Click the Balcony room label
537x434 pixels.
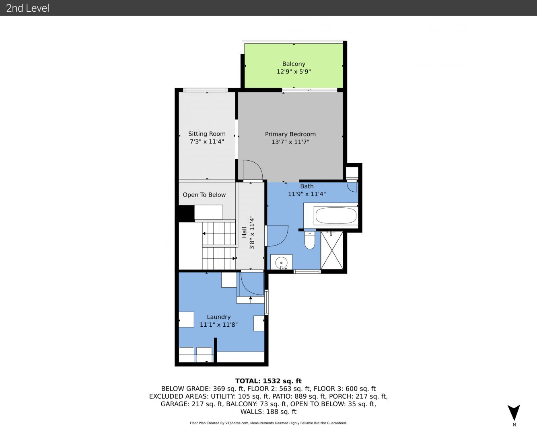[294, 64]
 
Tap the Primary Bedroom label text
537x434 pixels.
[290, 134]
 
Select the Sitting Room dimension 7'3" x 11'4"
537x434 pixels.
[207, 141]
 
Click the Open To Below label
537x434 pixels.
[204, 195]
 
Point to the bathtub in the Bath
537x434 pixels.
[336, 215]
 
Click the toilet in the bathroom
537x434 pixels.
[310, 240]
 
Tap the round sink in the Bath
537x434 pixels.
[281, 263]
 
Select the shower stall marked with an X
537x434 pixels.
[332, 250]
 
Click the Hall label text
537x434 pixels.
[244, 232]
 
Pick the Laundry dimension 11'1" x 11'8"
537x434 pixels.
[218, 325]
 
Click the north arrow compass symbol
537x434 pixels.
[514, 413]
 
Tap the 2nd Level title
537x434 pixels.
[27, 8]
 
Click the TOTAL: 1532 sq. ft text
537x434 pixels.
[268, 381]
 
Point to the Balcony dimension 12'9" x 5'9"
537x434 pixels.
[294, 72]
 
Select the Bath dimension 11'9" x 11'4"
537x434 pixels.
[307, 194]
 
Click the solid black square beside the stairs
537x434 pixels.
[186, 213]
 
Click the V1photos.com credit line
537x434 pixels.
[268, 423]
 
